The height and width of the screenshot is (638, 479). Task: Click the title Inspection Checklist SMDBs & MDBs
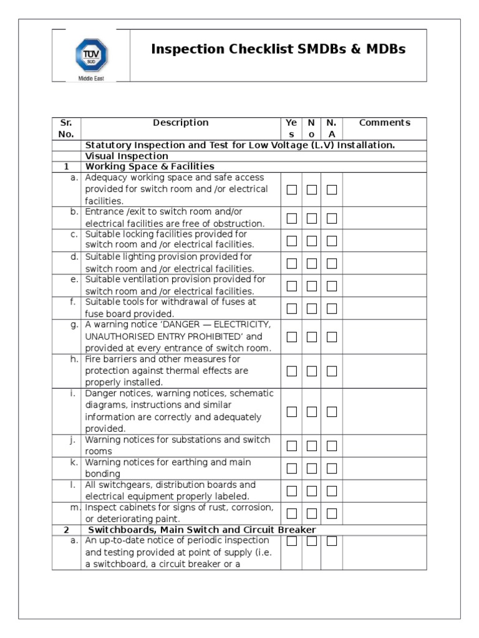(x=278, y=49)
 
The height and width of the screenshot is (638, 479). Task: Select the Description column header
(x=180, y=123)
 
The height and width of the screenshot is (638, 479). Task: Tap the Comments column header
(x=384, y=123)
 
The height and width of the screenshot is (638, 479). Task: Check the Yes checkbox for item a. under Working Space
(x=291, y=189)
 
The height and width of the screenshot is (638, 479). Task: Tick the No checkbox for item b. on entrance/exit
(x=312, y=218)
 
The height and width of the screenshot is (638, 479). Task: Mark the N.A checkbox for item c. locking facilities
(x=332, y=240)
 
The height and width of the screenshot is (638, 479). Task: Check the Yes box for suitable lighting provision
(x=291, y=264)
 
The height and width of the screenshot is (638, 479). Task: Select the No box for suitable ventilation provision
(x=312, y=286)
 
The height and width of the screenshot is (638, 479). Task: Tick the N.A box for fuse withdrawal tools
(x=332, y=308)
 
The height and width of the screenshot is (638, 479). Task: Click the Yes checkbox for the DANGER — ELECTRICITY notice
(x=291, y=337)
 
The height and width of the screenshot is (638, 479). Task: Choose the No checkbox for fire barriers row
(x=312, y=371)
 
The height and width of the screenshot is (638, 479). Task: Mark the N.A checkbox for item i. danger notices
(x=332, y=412)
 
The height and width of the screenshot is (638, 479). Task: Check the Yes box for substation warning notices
(x=291, y=446)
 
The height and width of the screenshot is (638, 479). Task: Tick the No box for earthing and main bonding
(x=312, y=469)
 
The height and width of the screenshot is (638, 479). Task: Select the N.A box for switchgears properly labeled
(x=332, y=491)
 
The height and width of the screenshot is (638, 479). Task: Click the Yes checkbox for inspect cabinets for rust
(x=291, y=513)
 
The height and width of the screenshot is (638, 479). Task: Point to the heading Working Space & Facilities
(x=150, y=166)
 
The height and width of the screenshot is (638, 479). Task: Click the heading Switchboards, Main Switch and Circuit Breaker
(x=201, y=530)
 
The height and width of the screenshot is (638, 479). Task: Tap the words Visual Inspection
(x=127, y=156)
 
